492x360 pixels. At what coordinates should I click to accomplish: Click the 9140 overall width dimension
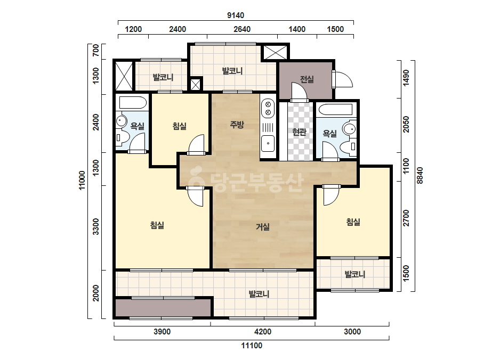pyautogui.click(x=236, y=15)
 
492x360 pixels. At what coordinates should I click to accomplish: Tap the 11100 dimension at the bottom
pyautogui.click(x=252, y=346)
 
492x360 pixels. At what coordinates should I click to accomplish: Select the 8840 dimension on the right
pyautogui.click(x=420, y=176)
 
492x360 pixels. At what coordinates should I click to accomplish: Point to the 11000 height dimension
pyautogui.click(x=82, y=181)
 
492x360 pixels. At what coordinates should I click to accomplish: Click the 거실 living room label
pyautogui.click(x=263, y=227)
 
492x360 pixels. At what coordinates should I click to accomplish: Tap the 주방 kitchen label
pyautogui.click(x=237, y=125)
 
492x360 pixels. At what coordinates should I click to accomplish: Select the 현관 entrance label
pyautogui.click(x=299, y=132)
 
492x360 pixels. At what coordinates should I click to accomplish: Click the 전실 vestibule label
pyautogui.click(x=307, y=79)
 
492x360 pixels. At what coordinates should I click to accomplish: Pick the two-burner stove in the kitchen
pyautogui.click(x=268, y=109)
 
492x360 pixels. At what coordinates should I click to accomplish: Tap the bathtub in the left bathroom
pyautogui.click(x=133, y=103)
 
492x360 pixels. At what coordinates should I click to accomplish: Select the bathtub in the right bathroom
pyautogui.click(x=335, y=110)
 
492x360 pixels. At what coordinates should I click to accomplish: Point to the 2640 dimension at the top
pyautogui.click(x=242, y=29)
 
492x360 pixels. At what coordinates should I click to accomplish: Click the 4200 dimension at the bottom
pyautogui.click(x=263, y=331)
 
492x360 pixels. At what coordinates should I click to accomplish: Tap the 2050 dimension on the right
pyautogui.click(x=406, y=125)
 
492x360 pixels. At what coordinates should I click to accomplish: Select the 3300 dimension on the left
pyautogui.click(x=96, y=227)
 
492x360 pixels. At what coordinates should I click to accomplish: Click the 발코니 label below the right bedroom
pyautogui.click(x=355, y=274)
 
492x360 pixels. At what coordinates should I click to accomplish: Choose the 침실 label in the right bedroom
pyautogui.click(x=353, y=222)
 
